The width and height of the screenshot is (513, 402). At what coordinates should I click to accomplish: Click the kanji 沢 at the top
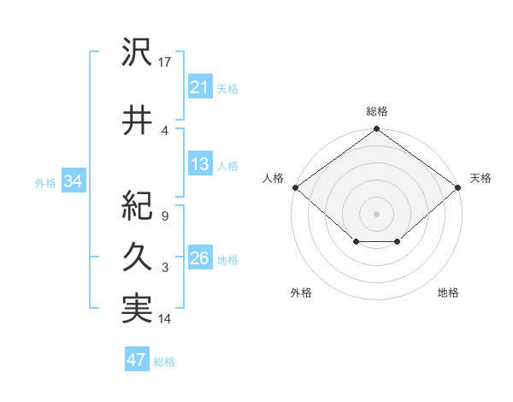[137, 54]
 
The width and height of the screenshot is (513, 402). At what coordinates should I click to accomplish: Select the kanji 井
[137, 121]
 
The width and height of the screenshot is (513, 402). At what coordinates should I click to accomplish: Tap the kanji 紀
[137, 206]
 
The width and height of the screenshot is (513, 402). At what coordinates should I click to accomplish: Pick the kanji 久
[137, 257]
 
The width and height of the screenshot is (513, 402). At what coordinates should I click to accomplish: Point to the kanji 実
[137, 309]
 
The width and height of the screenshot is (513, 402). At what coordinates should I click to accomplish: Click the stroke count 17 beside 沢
[165, 62]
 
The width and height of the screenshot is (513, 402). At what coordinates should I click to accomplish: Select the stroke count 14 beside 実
[165, 319]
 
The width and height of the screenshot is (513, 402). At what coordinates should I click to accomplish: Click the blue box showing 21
[199, 88]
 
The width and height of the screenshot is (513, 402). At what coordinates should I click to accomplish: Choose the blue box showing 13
[199, 165]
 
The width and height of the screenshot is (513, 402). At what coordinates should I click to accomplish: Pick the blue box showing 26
[199, 259]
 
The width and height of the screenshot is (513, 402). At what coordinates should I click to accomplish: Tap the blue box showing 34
[73, 182]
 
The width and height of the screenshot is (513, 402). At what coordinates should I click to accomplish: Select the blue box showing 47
[136, 360]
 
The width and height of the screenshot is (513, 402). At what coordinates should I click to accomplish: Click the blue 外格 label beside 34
[45, 183]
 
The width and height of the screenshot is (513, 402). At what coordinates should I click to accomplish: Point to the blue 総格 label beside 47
[164, 362]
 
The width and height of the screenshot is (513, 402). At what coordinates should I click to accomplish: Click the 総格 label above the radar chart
[376, 111]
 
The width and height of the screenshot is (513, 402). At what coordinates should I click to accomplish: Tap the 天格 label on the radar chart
[481, 178]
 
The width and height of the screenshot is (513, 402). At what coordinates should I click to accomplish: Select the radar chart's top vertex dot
[376, 129]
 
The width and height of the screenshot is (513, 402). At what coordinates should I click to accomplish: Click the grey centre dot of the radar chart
[376, 213]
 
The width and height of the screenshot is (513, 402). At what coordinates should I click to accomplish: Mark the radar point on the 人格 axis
[295, 187]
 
